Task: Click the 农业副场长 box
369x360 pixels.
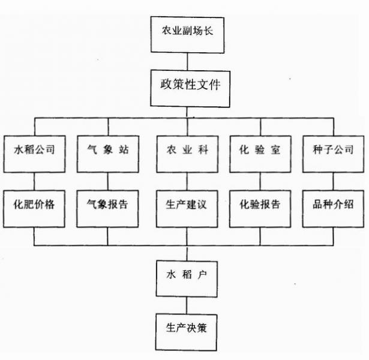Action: [x=187, y=34]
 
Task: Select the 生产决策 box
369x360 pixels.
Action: [x=187, y=329]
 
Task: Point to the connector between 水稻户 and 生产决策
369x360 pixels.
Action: [x=187, y=304]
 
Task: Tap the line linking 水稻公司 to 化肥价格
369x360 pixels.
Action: [x=34, y=180]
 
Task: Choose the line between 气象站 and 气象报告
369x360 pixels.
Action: [x=108, y=180]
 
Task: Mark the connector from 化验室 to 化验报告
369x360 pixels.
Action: [x=260, y=180]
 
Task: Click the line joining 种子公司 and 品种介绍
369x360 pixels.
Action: [x=333, y=180]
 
